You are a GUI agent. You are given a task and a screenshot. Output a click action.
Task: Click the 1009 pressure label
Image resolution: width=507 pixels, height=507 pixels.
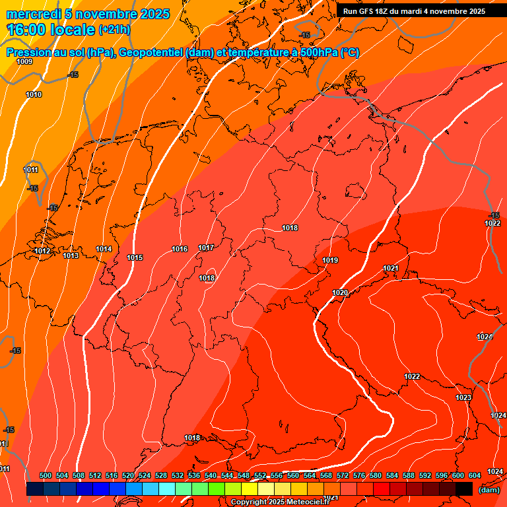[24, 61]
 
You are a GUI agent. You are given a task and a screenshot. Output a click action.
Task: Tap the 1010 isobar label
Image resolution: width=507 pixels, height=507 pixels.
[34, 94]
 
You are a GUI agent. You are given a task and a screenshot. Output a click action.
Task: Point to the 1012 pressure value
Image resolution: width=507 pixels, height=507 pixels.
[43, 251]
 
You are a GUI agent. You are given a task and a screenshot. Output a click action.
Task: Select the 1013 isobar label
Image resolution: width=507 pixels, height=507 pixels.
[71, 255]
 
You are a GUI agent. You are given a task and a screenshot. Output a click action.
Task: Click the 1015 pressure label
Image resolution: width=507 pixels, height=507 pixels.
[135, 257]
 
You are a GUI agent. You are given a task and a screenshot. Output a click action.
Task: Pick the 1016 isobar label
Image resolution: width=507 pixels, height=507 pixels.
[180, 249]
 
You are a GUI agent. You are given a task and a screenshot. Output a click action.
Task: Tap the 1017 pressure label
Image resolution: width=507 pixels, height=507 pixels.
[206, 248]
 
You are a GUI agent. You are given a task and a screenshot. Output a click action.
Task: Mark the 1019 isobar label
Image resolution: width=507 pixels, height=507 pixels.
[330, 260]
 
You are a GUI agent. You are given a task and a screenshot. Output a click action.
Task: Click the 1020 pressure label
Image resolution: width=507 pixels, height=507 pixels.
[340, 292]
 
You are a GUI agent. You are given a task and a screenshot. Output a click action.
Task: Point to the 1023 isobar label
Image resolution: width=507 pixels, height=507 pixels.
[463, 397]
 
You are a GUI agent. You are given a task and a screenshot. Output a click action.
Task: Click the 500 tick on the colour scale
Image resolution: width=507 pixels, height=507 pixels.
[46, 475]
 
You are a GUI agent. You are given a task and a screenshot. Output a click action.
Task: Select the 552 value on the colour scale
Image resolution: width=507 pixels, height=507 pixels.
[260, 475]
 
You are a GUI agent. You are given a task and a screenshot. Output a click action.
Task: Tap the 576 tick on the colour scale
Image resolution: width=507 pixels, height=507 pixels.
[359, 475]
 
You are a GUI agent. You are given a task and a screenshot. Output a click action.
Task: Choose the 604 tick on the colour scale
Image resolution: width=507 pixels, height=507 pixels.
[475, 475]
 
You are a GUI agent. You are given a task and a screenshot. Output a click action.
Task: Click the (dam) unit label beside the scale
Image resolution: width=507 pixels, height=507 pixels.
[489, 490]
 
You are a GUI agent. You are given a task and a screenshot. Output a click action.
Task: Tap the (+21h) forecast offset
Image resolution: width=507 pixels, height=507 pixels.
[114, 30]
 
